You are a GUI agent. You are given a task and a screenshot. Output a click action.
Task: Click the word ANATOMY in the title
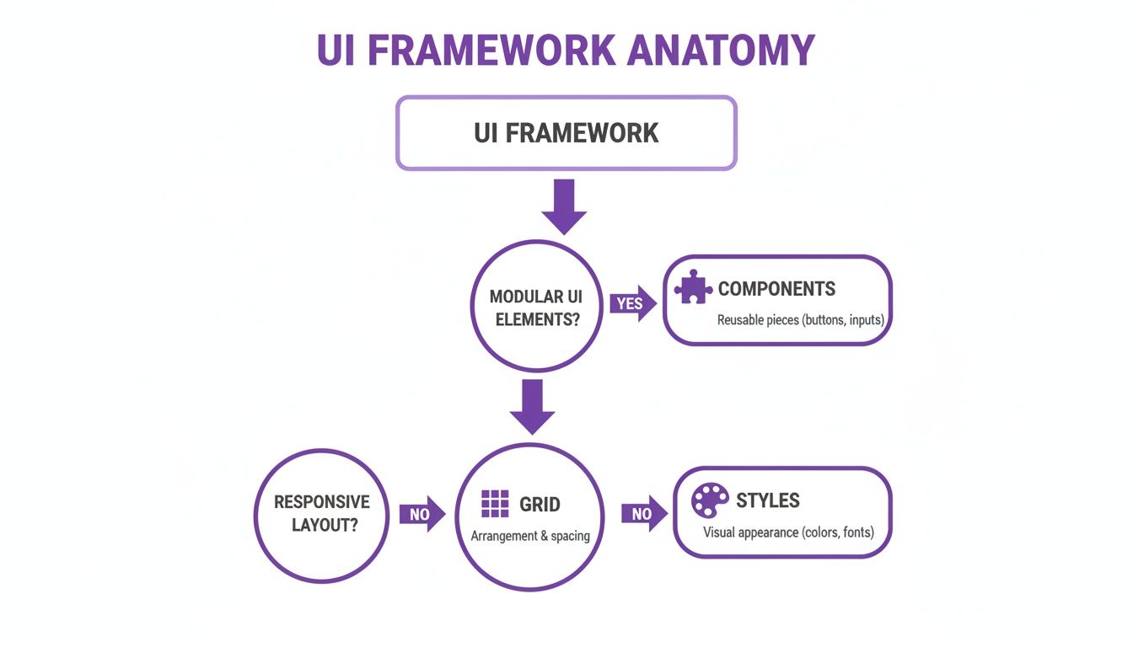(722, 51)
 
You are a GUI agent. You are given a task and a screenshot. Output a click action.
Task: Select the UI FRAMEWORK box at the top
(566, 133)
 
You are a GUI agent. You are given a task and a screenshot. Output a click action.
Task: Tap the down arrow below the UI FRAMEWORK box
(564, 206)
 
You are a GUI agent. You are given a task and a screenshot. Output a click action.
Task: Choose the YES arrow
(632, 303)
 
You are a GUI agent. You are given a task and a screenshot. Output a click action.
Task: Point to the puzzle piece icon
(693, 288)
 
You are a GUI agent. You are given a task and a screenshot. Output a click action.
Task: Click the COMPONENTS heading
(776, 289)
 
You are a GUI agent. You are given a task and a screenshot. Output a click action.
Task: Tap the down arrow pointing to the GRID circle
(533, 407)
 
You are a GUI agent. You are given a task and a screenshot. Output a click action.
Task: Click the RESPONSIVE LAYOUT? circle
(321, 513)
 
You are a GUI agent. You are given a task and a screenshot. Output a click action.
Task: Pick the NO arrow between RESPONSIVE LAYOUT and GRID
(422, 514)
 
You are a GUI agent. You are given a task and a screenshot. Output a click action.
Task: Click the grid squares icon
(495, 504)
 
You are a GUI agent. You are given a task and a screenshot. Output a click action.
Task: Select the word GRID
(540, 505)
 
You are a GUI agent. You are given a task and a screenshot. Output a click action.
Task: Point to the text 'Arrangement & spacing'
(530, 536)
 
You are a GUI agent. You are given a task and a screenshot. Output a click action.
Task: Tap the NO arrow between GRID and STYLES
(644, 514)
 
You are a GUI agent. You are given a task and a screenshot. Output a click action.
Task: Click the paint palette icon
(710, 500)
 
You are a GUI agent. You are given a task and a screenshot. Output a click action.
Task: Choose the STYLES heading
(767, 500)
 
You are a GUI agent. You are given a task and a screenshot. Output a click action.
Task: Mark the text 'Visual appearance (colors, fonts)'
(788, 532)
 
